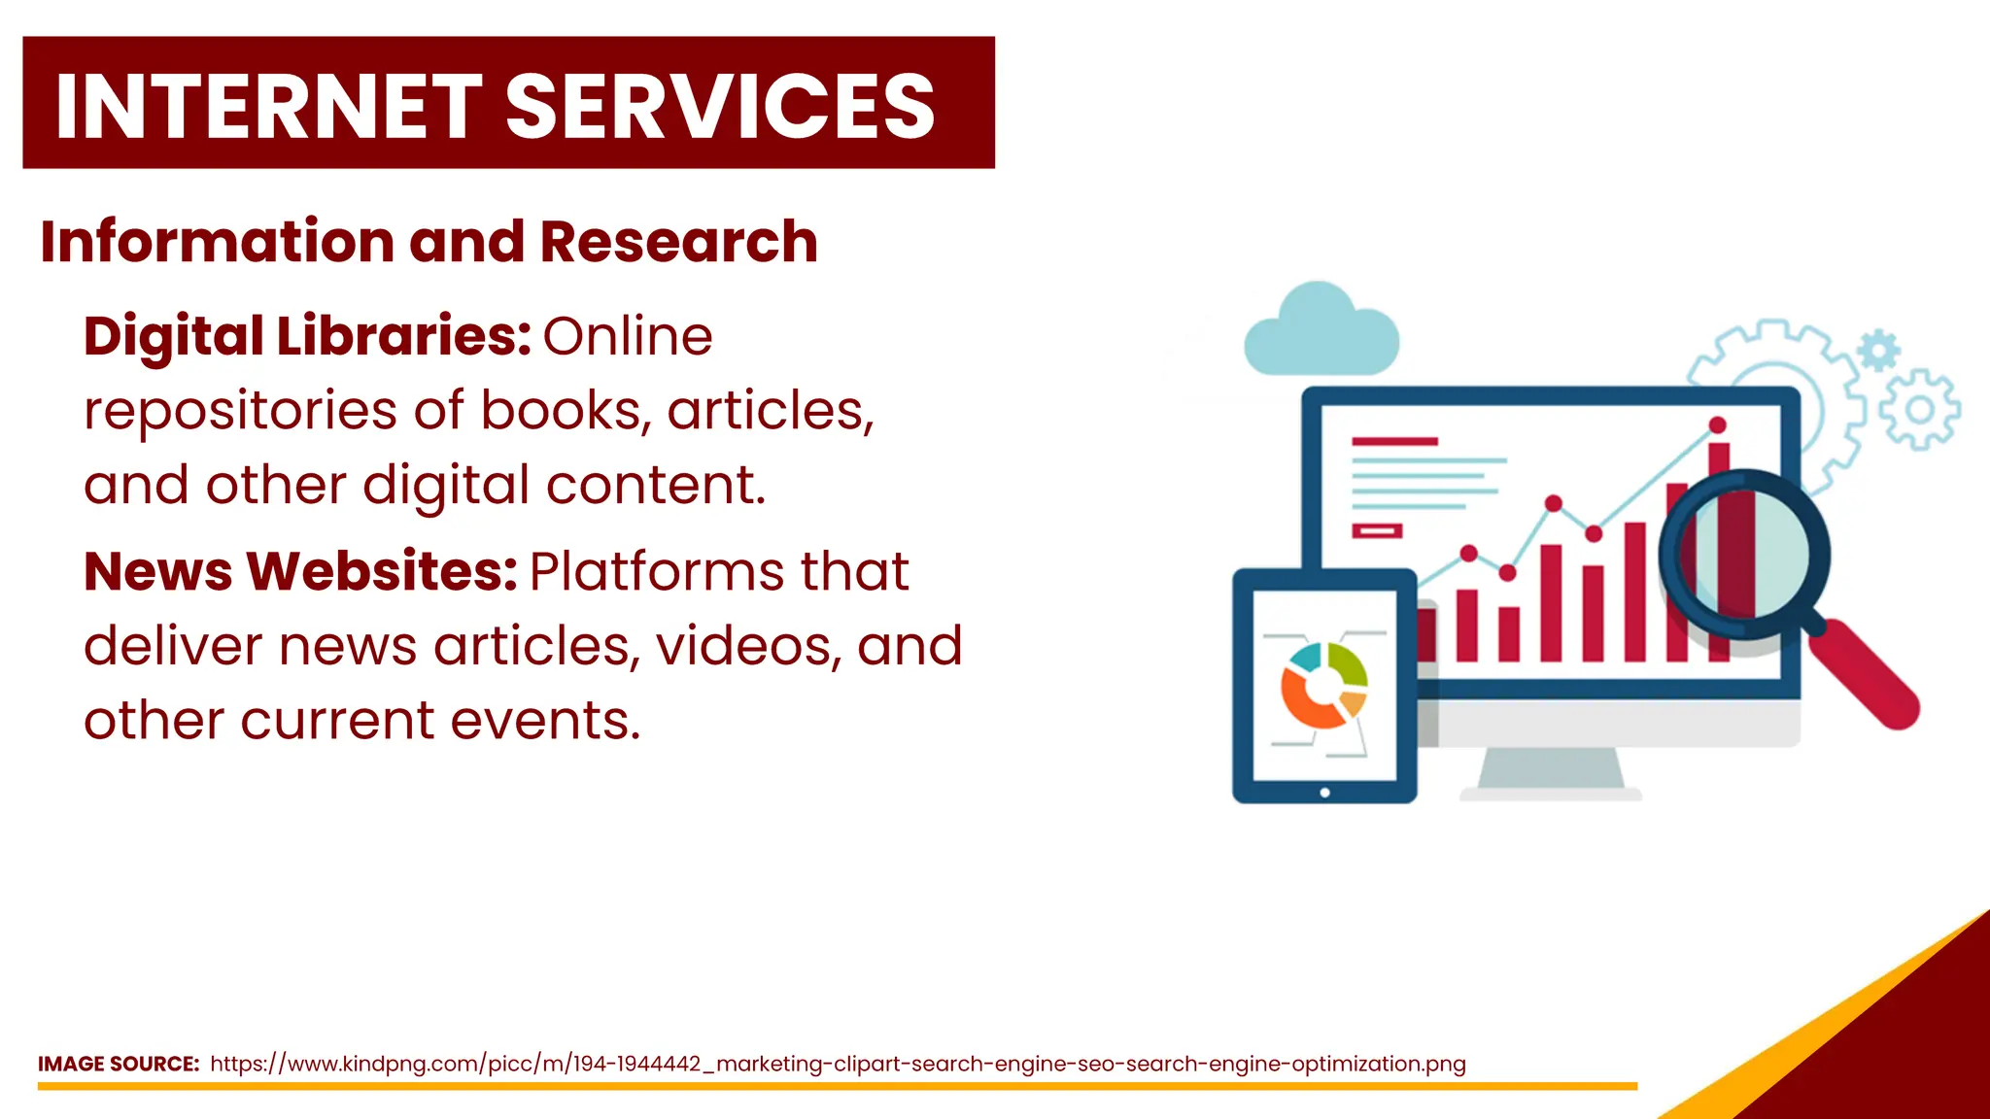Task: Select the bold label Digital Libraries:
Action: click(307, 336)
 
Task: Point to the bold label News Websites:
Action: click(300, 571)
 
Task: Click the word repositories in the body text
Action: click(240, 411)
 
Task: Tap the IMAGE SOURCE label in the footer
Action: click(118, 1064)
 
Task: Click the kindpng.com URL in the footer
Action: click(837, 1064)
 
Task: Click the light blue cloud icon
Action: click(1321, 332)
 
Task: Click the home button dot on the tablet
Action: click(1324, 793)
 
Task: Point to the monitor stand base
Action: click(1551, 792)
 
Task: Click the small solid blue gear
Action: click(1878, 349)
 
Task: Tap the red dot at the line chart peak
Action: click(1717, 425)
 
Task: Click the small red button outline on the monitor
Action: click(1377, 531)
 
